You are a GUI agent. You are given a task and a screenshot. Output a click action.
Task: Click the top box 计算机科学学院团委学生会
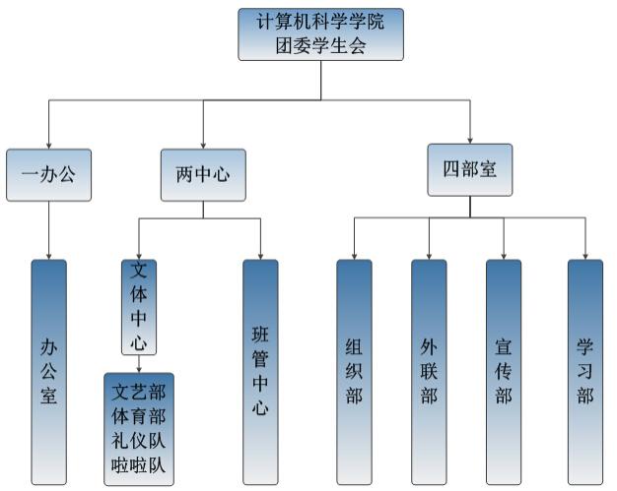[x=320, y=34]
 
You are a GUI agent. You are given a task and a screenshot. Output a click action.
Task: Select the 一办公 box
[x=49, y=175]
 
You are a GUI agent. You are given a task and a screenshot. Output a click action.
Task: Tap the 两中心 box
[x=203, y=175]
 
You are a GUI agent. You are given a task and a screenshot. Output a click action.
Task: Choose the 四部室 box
[x=470, y=170]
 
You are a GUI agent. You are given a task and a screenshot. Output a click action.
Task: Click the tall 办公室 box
[x=49, y=372]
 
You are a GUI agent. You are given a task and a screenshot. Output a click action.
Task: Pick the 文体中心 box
[x=139, y=307]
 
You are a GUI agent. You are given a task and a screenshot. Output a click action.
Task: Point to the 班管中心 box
[x=260, y=372]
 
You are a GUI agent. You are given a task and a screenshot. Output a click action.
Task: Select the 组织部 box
[x=354, y=372]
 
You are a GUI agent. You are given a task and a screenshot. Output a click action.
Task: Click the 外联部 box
[x=429, y=372]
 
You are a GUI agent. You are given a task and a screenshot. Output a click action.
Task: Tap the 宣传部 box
[x=504, y=372]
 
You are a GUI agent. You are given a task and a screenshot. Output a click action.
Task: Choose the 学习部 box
[x=585, y=372]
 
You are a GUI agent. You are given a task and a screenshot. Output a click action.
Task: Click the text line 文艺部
[x=139, y=392]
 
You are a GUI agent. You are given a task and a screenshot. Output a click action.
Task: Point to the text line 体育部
[x=139, y=416]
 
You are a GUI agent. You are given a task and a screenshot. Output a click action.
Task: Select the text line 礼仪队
[x=139, y=441]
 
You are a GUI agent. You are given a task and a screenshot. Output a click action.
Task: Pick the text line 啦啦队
[x=139, y=465]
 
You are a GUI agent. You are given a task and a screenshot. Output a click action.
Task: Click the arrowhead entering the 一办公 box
[x=49, y=147]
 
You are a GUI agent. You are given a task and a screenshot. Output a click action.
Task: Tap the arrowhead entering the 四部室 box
[x=470, y=141]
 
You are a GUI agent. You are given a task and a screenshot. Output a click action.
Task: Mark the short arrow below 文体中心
[x=139, y=364]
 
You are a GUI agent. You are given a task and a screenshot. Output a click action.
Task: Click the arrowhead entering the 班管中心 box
[x=260, y=257]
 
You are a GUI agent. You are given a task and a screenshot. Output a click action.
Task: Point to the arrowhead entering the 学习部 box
[x=585, y=257]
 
